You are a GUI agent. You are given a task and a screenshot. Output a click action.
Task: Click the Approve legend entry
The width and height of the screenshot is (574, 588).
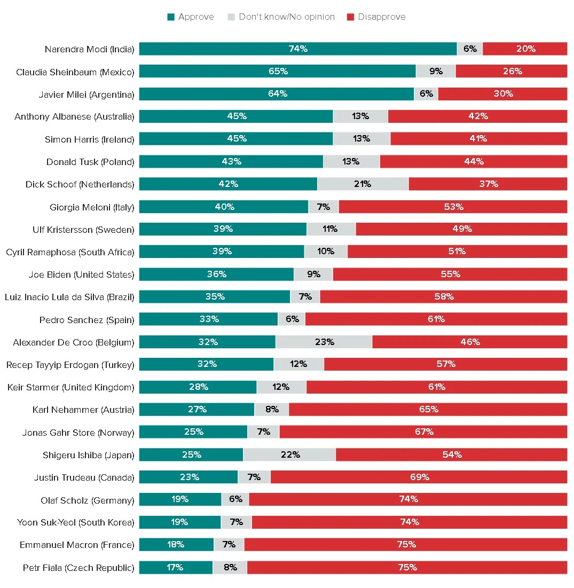tap(191, 17)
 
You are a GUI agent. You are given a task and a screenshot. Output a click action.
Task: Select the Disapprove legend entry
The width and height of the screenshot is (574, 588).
tap(376, 17)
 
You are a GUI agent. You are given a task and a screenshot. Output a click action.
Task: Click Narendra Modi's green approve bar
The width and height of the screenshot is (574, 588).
tap(298, 49)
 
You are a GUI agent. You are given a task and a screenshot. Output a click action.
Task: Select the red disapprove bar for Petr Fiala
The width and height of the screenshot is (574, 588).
tap(407, 567)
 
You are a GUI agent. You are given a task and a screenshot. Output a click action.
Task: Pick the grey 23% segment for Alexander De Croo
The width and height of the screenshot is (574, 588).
tap(324, 342)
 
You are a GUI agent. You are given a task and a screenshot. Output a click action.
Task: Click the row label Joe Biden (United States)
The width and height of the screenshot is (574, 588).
tap(81, 275)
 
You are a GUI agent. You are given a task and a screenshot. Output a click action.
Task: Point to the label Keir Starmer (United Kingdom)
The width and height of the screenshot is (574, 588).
tap(70, 387)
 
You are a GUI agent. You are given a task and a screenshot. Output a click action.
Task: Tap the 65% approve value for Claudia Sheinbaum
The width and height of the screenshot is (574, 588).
tap(278, 71)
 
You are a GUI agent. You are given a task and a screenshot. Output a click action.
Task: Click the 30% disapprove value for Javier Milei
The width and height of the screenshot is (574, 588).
tap(503, 93)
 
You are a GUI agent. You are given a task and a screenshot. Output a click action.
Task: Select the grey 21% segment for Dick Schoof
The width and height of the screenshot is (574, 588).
tap(363, 184)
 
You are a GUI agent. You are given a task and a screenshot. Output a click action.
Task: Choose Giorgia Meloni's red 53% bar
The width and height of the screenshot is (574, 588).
tap(453, 207)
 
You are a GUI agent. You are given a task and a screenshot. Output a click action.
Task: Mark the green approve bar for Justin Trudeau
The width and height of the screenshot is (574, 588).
tap(188, 477)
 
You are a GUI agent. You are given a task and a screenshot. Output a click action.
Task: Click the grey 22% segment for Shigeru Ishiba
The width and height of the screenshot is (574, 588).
tap(289, 454)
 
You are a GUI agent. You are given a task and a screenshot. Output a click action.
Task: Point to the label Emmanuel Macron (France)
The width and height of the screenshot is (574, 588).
tap(77, 545)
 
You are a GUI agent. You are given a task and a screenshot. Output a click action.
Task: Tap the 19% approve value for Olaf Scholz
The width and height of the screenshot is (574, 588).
tap(180, 499)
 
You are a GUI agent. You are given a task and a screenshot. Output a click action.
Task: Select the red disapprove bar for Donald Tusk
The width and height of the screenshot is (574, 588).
tap(473, 161)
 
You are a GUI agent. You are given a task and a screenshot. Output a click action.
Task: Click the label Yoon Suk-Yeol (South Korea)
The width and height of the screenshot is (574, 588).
tap(75, 522)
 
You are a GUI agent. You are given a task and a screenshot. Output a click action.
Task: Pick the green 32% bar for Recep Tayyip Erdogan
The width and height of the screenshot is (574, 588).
tap(207, 364)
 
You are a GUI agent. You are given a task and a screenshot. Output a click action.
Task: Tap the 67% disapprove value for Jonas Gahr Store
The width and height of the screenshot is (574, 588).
tap(424, 432)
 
